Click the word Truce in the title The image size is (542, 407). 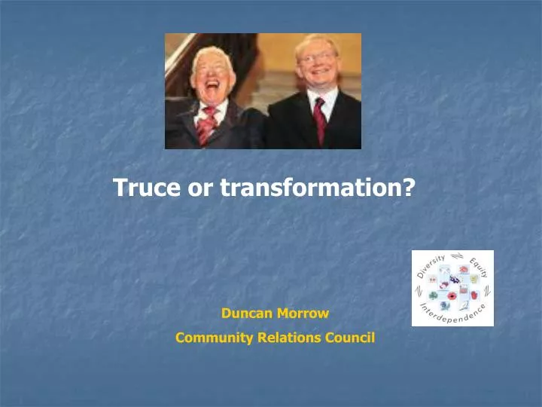148,188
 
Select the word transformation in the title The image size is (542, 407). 307,188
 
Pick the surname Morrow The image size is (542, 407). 303,311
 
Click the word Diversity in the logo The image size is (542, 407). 431,266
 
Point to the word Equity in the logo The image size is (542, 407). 478,268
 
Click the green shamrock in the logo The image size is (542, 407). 434,295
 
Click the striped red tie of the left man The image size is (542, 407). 206,127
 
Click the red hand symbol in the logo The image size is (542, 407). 474,295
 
